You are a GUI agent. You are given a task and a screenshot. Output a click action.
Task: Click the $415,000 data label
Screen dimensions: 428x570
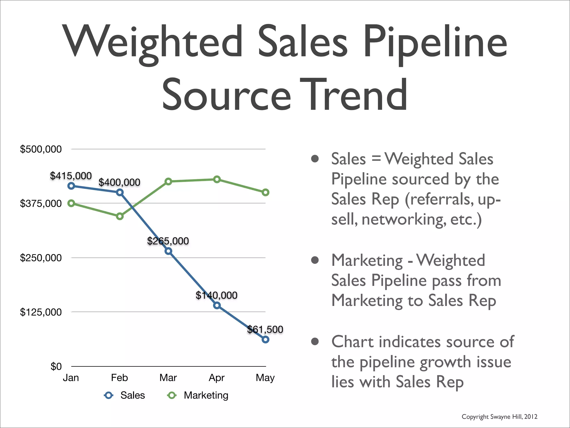tap(71, 176)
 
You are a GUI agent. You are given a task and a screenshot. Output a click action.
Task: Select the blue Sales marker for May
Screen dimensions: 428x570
tap(265, 339)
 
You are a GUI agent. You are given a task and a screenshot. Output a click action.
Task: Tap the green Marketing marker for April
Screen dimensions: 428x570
tap(217, 179)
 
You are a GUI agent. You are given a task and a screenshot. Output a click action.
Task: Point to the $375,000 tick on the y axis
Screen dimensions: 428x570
tap(41, 203)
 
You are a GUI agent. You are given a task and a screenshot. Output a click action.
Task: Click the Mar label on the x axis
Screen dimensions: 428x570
tap(168, 378)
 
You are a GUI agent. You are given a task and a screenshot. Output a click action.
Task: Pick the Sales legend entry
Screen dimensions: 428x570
tap(132, 395)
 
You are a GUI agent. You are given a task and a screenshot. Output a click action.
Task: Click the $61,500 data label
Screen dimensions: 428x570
tap(265, 329)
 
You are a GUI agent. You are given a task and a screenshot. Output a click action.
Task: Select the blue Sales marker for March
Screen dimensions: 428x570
tap(168, 251)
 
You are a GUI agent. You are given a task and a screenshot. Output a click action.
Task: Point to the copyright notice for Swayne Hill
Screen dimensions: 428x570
tap(499, 417)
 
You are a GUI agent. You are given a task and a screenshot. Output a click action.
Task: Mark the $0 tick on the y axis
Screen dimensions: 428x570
tap(56, 366)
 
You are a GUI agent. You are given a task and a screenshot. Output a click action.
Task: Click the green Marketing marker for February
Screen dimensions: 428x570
tap(120, 216)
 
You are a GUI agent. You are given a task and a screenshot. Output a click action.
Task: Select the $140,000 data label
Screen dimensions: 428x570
tap(216, 295)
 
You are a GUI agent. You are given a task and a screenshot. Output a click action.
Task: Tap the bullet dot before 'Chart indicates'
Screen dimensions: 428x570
tap(315, 341)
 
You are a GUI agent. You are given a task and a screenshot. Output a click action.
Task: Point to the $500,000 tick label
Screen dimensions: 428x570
tap(41, 149)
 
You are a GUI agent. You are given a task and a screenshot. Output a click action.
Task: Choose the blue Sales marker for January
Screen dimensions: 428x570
tap(71, 186)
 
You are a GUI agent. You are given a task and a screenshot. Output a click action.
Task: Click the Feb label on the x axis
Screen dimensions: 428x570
tap(119, 378)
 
